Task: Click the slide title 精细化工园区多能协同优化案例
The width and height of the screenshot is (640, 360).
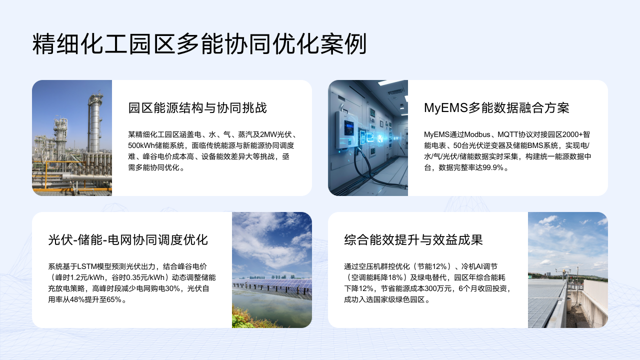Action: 199,44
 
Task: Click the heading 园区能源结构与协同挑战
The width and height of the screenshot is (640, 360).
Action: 197,108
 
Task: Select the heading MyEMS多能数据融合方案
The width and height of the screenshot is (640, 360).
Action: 496,108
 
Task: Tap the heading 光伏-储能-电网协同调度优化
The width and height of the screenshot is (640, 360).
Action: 128,239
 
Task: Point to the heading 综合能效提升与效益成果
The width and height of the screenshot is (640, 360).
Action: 413,239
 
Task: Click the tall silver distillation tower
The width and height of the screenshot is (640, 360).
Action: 94,123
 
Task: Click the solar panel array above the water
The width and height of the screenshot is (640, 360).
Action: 272,287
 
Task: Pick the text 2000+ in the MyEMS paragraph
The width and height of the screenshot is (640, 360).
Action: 572,134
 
